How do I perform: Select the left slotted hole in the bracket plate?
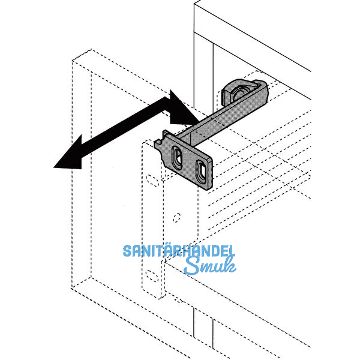(x=178, y=159)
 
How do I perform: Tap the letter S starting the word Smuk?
(x=191, y=265)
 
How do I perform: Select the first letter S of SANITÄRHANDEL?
(x=128, y=251)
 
